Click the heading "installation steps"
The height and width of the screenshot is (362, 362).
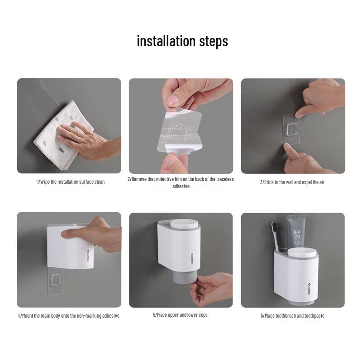pos(182,41)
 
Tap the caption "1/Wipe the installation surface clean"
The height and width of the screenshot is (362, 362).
pos(71,182)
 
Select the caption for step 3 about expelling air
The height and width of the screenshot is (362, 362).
pos(292,182)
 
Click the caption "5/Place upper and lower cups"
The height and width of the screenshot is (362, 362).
pos(180,315)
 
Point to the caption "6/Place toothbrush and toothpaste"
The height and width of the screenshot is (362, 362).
pos(292,315)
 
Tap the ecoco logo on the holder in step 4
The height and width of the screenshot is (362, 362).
pos(88,256)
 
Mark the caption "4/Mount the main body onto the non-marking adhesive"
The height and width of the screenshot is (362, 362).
pos(69,315)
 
